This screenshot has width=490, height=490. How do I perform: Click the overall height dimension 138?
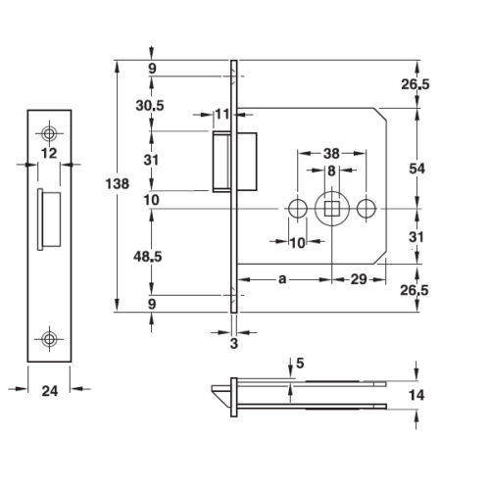tap(118, 184)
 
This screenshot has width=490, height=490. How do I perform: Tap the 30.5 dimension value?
tap(150, 106)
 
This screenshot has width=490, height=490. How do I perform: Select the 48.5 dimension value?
tap(148, 257)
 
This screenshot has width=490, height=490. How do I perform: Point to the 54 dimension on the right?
tap(416, 169)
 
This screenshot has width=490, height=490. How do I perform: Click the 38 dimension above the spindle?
tap(331, 153)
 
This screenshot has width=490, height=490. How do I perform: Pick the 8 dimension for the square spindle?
tap(331, 171)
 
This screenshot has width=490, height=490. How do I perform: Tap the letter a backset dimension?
tap(282, 279)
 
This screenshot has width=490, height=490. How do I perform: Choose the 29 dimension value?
tap(359, 279)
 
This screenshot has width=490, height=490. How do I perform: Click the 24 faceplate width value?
tap(50, 391)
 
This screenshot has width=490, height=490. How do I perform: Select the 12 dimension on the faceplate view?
tap(49, 153)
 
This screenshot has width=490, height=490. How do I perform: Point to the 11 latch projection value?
tap(222, 115)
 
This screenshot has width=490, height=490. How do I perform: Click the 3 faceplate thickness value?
tap(234, 344)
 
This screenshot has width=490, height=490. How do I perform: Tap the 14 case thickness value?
tap(416, 395)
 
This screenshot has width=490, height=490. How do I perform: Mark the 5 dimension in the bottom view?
tap(300, 363)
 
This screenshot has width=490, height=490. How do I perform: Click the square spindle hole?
tap(332, 209)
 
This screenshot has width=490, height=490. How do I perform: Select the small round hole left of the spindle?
tap(298, 209)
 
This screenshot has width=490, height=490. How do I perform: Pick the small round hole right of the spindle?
tap(367, 209)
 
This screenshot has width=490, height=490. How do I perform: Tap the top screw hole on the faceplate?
tap(49, 133)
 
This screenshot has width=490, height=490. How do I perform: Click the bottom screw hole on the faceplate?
tap(49, 339)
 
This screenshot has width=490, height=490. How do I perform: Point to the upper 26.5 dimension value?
tap(416, 84)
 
